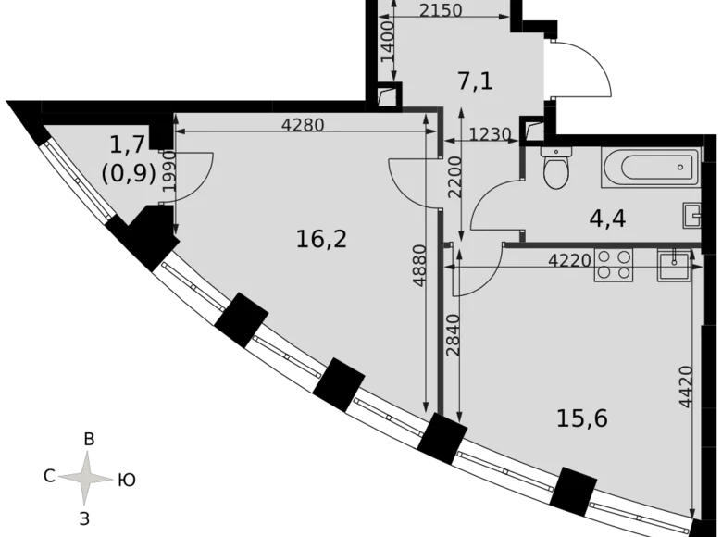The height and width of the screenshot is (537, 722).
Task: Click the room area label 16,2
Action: click(x=321, y=239)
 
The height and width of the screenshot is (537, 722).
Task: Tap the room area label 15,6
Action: click(x=581, y=418)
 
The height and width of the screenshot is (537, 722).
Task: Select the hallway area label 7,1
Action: click(x=476, y=81)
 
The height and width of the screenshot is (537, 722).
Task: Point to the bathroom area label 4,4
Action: click(x=608, y=219)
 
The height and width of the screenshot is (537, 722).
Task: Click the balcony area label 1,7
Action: click(x=127, y=144)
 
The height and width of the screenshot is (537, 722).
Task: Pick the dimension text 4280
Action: click(x=302, y=126)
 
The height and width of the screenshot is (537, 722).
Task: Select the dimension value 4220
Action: click(x=568, y=261)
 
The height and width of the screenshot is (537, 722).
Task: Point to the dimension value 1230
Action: click(x=490, y=134)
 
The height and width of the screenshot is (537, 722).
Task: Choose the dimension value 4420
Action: click(x=685, y=389)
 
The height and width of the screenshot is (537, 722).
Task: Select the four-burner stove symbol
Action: click(x=613, y=265)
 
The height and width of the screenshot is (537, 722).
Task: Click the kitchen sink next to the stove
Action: click(x=673, y=265)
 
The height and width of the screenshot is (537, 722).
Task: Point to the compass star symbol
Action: click(x=87, y=479)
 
